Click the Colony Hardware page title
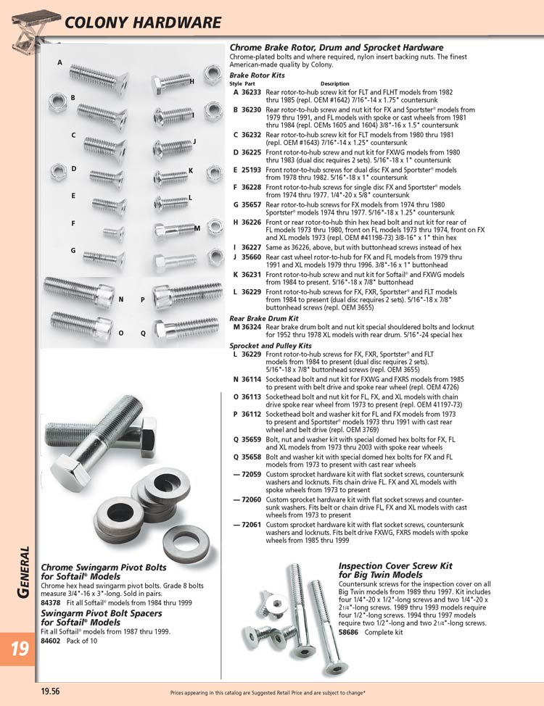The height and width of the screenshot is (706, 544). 143,22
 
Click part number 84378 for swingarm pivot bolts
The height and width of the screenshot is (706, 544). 51,602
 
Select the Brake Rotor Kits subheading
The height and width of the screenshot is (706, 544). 257,75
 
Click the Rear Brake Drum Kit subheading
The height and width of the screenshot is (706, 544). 265,317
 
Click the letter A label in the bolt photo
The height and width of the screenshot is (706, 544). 59,63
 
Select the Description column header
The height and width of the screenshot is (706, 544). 334,84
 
